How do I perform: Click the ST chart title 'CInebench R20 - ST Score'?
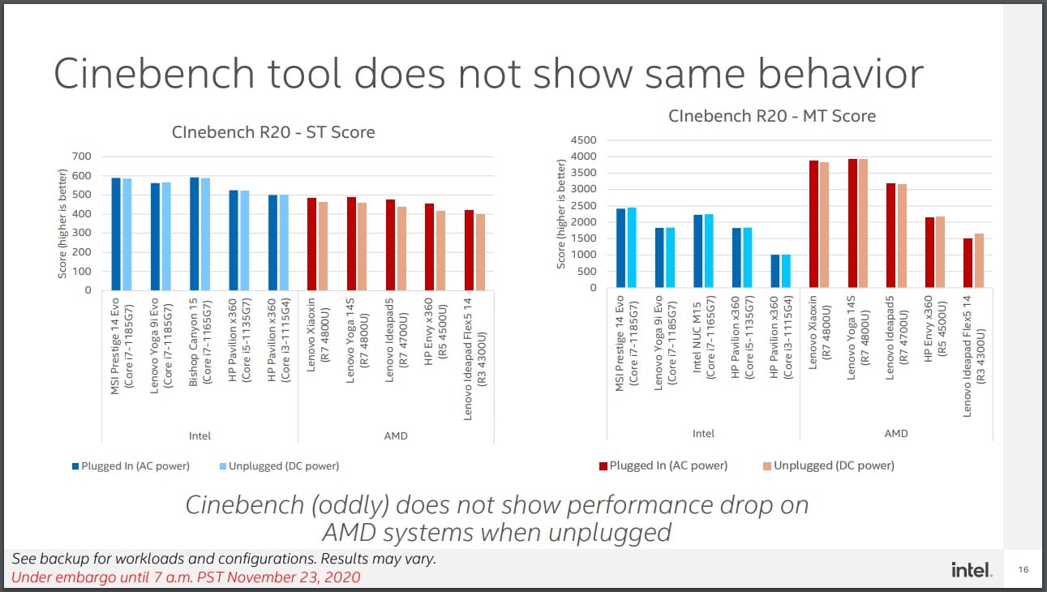272,132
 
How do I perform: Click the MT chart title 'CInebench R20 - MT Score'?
772,116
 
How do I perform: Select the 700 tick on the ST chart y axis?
81,157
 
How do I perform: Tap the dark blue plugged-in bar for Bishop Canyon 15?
194,234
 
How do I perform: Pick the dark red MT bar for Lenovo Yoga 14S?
852,223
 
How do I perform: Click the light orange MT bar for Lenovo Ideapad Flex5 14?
979,260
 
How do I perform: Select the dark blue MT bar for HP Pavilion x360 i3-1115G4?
775,271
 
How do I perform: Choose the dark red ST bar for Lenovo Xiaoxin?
311,244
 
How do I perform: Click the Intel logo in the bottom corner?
972,571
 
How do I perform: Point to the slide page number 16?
1023,571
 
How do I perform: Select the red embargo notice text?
186,577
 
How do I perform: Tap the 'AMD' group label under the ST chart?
396,436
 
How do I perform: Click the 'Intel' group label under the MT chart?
703,434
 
